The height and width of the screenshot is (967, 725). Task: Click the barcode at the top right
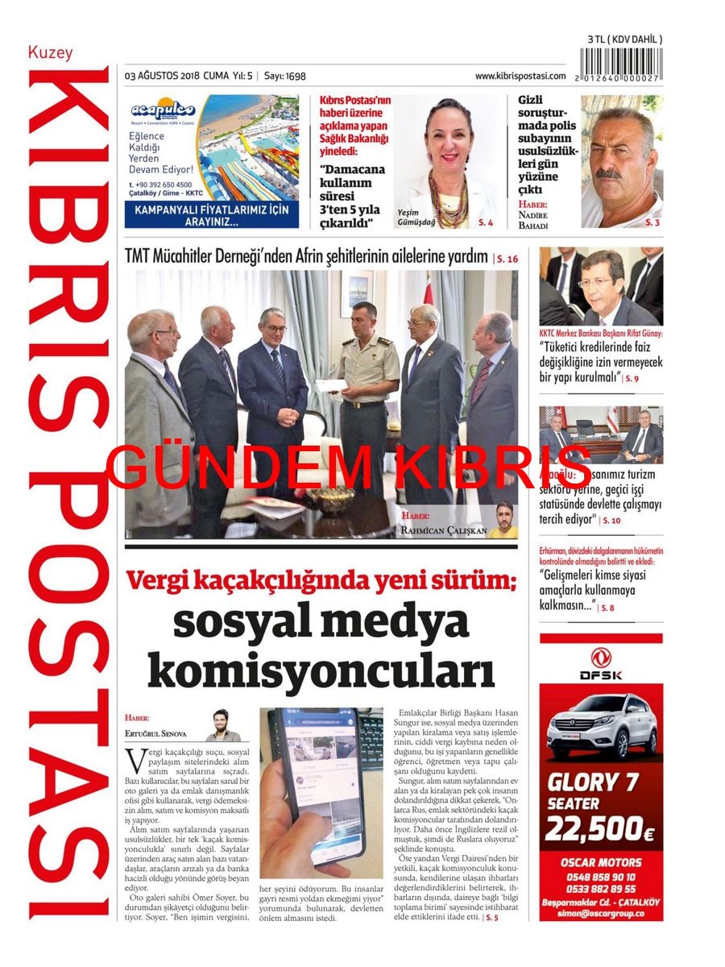click(x=621, y=64)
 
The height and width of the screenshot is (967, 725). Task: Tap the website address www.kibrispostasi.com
click(x=520, y=76)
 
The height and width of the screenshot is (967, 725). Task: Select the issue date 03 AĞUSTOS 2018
click(x=162, y=76)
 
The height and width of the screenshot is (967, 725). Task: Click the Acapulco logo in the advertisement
click(x=163, y=110)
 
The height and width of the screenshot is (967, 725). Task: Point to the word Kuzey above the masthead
click(x=50, y=53)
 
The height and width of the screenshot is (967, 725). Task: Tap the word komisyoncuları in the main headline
click(x=321, y=670)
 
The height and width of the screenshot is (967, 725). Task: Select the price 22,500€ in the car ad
click(x=600, y=828)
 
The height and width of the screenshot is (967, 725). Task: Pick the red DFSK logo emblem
click(x=601, y=658)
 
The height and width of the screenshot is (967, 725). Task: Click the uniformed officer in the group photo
click(x=367, y=387)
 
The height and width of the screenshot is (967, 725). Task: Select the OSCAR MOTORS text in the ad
click(x=601, y=862)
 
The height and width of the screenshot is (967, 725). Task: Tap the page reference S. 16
click(x=507, y=259)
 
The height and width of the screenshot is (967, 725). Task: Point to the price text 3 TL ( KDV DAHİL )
click(x=624, y=39)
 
